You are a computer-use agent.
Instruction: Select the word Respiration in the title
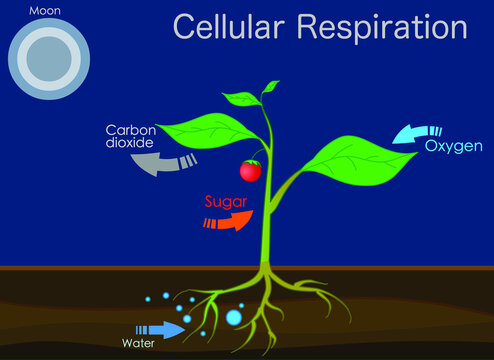pos(383,26)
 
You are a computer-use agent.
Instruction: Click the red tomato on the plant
pos(250,171)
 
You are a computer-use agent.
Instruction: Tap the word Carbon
pos(134,130)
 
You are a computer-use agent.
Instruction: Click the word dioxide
pos(131,144)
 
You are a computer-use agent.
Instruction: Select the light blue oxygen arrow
pos(407,133)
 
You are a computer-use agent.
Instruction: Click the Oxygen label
pos(454,147)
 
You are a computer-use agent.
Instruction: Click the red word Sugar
pos(226,202)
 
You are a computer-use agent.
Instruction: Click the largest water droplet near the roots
pos(233,318)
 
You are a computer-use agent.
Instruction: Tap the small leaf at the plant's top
pos(242,99)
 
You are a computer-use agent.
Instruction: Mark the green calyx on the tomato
pos(251,162)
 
